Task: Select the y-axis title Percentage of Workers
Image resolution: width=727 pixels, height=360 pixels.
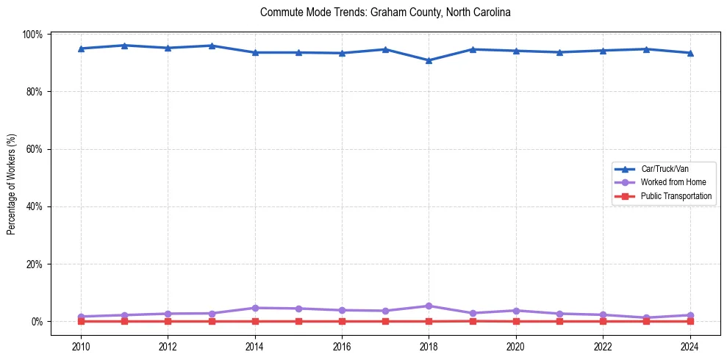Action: pos(12,184)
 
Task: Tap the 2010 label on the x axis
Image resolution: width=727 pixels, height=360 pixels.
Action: pos(81,346)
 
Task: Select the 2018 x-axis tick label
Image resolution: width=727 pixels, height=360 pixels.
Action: pos(429,346)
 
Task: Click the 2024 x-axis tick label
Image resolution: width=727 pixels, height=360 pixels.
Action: pos(690,346)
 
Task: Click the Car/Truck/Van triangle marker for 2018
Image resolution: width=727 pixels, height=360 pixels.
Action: pos(429,60)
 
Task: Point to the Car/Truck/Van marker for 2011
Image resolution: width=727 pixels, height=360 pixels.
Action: pos(124,46)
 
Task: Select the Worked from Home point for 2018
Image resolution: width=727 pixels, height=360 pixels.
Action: pos(429,306)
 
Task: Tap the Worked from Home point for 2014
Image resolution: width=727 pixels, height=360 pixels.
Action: pos(255,308)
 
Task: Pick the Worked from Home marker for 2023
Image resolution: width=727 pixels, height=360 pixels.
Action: pos(646,317)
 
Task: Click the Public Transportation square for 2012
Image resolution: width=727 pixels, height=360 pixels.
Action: pos(168,321)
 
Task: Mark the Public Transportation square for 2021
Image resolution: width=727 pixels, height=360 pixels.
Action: pos(559,321)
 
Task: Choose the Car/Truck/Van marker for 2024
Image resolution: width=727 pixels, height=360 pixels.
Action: pos(690,53)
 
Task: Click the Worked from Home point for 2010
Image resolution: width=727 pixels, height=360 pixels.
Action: pos(81,317)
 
